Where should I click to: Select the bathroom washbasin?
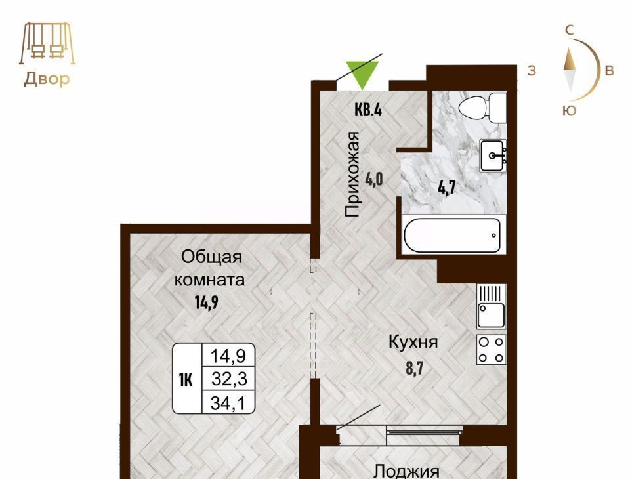pyautogui.click(x=493, y=156)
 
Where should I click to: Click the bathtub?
pyautogui.click(x=452, y=235)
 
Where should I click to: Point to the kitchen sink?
pyautogui.click(x=491, y=306)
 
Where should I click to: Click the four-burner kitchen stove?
pyautogui.click(x=492, y=350)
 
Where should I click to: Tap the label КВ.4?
pyautogui.click(x=368, y=110)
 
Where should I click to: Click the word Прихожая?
pyautogui.click(x=352, y=174)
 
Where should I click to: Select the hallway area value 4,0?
pyautogui.click(x=373, y=179)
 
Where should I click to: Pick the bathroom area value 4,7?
pyautogui.click(x=446, y=187)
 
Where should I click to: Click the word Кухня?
pyautogui.click(x=413, y=343)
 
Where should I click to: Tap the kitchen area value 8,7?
pyautogui.click(x=415, y=367)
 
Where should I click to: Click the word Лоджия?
pyautogui.click(x=407, y=471)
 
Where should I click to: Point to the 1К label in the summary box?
pyautogui.click(x=186, y=379)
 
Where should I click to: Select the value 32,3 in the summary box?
pyautogui.click(x=229, y=379)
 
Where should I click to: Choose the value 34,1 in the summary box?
pyautogui.click(x=228, y=403)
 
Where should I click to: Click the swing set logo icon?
pyautogui.click(x=47, y=43)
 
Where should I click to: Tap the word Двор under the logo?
pyautogui.click(x=47, y=79)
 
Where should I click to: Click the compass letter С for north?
pyautogui.click(x=570, y=30)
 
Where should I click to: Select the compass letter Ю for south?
pyautogui.click(x=570, y=110)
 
